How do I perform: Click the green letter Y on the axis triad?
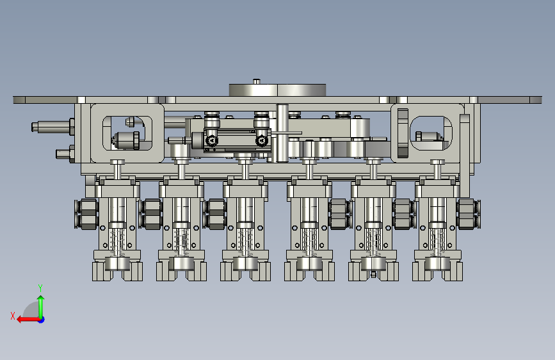40,288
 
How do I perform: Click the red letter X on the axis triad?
13,316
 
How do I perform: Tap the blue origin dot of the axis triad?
42,320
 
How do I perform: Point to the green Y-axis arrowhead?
41,299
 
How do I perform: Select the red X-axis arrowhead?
20,320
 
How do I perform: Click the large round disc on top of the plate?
277,90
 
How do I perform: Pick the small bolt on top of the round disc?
257,81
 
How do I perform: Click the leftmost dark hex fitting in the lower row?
86,214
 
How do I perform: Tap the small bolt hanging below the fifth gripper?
373,274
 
